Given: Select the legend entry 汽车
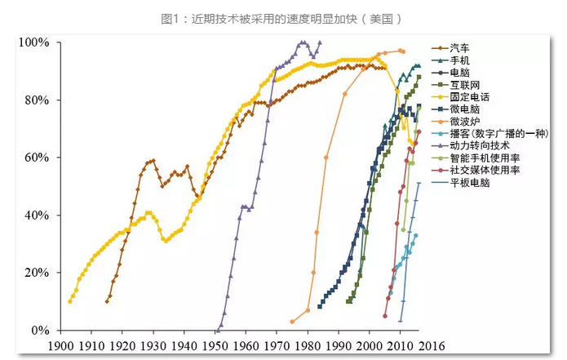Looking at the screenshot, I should point(461,49).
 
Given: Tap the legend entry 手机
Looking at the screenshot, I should point(461,60).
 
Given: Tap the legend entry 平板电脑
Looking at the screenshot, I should point(472,183).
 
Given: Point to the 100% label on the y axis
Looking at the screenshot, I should point(34,42).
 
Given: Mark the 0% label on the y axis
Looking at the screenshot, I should point(40,330).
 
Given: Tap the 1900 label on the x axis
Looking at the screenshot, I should point(62,346).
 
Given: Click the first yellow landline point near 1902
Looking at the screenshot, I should point(69,301).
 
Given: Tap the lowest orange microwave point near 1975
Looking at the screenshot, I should point(292,322).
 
